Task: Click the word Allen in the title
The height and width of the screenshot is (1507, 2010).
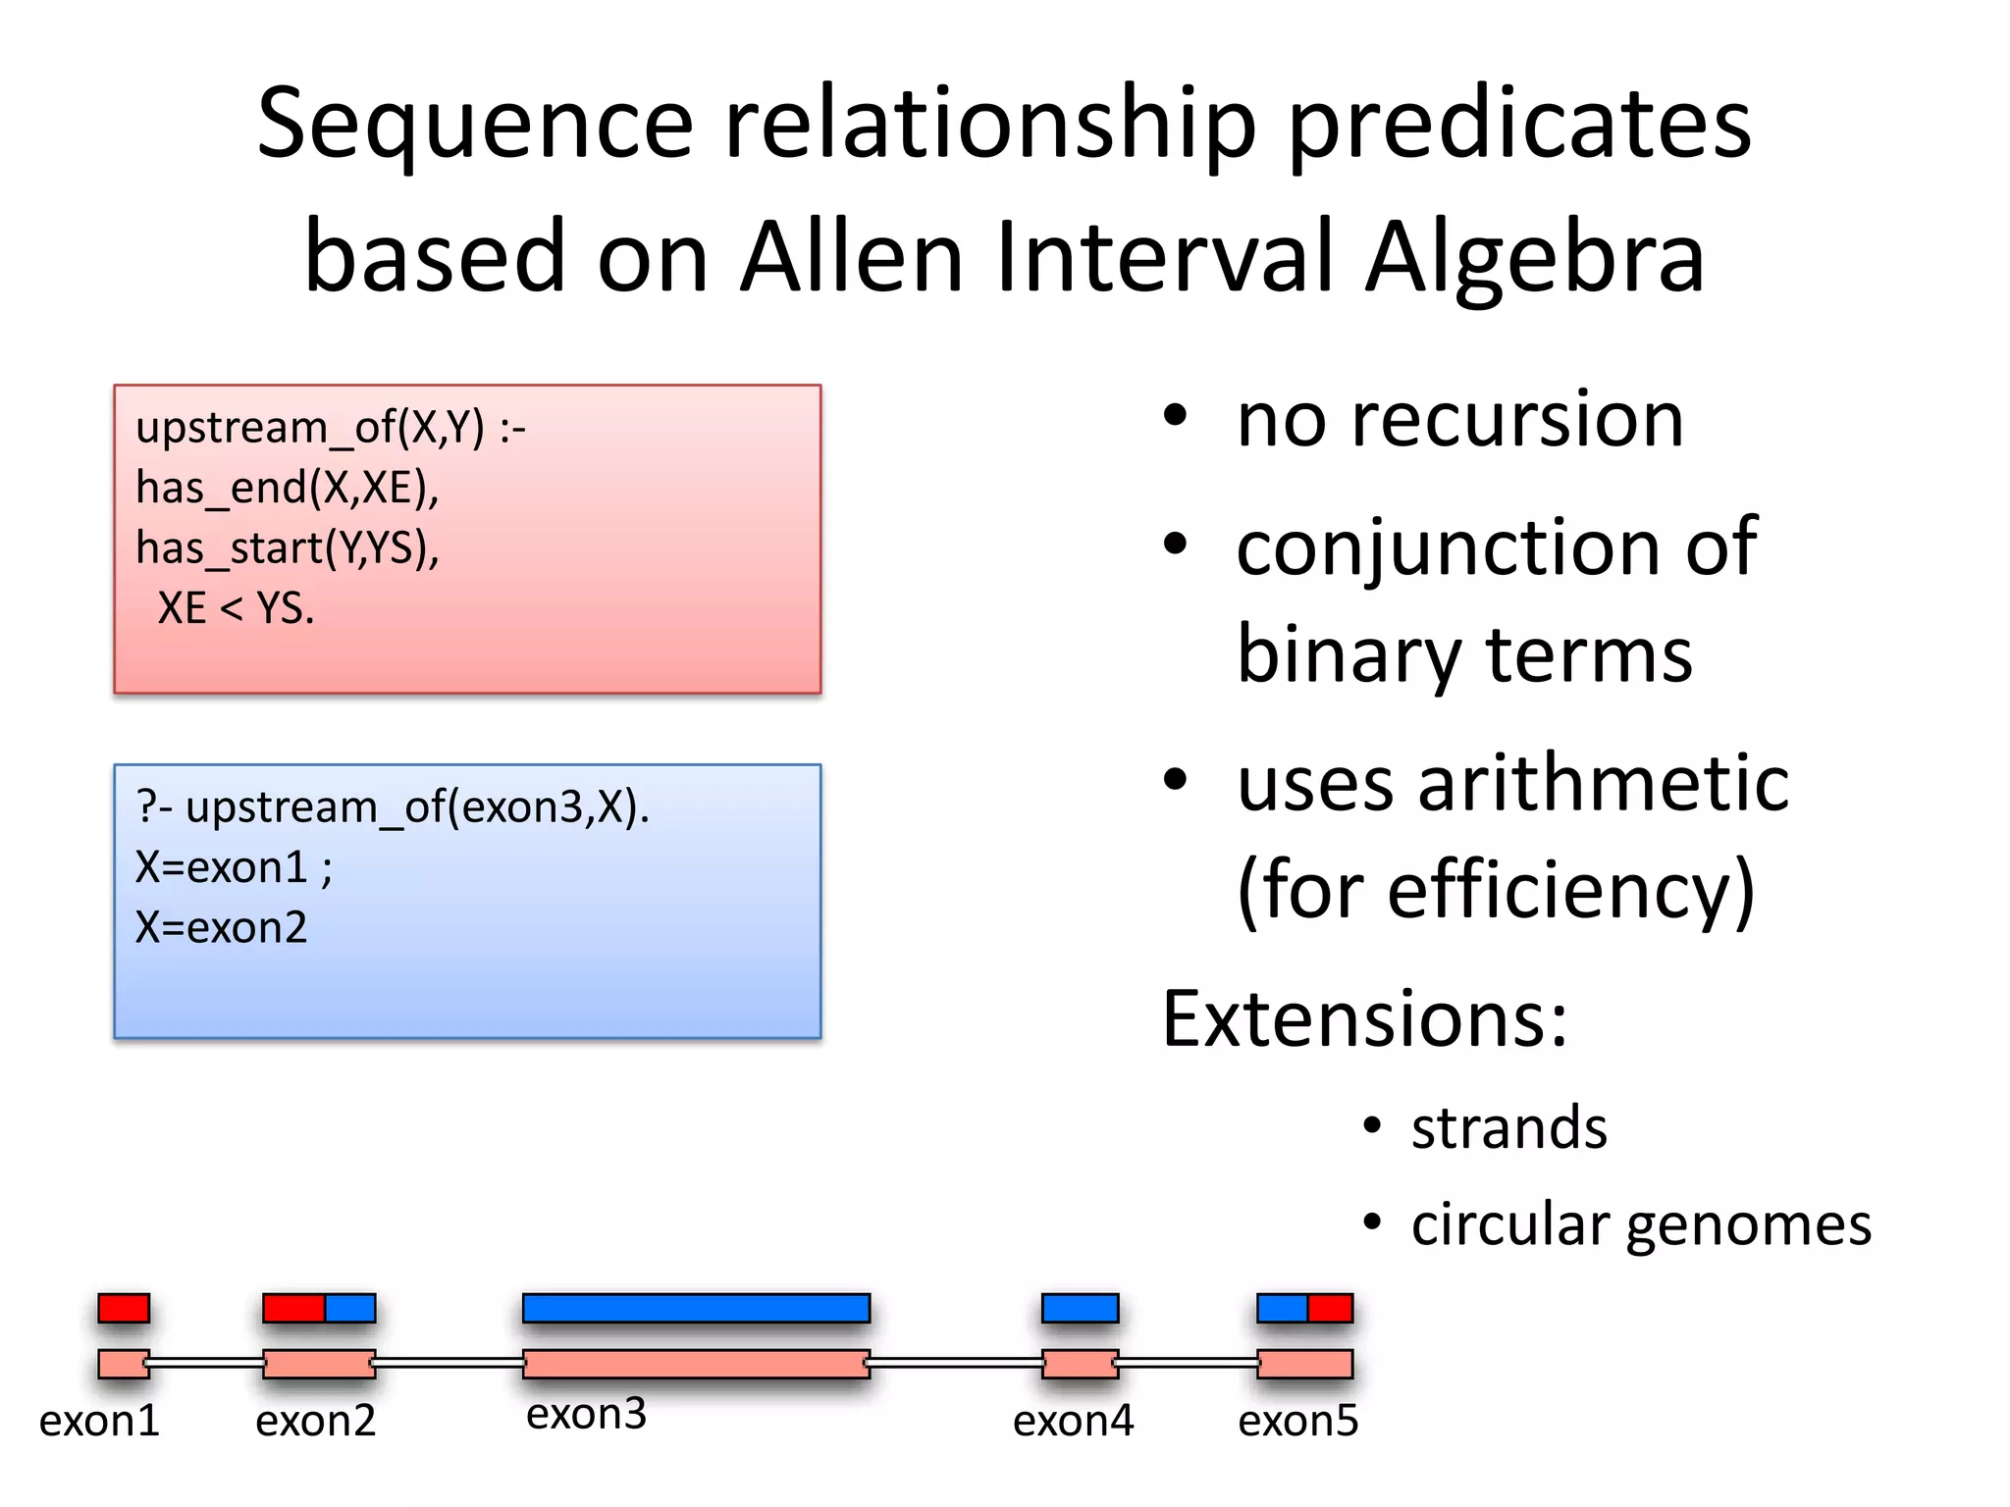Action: click(x=852, y=257)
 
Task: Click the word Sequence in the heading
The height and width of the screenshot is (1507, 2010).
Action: click(x=475, y=125)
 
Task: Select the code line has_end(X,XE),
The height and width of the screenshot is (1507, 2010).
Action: click(x=287, y=488)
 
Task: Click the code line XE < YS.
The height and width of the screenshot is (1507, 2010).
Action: click(x=236, y=608)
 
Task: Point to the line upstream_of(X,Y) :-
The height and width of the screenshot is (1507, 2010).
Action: click(x=331, y=428)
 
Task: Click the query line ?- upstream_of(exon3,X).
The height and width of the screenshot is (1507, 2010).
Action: click(x=393, y=807)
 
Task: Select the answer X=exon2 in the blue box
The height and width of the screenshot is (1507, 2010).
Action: click(x=221, y=927)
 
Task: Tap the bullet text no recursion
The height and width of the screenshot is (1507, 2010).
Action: click(x=1459, y=420)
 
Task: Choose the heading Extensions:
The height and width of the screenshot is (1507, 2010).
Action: click(x=1364, y=1019)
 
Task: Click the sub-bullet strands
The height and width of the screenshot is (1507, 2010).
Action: click(x=1508, y=1127)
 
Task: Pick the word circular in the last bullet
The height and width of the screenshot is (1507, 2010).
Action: click(x=1510, y=1225)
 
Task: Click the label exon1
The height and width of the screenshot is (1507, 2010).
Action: click(x=99, y=1421)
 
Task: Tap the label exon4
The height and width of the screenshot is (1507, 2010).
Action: click(x=1073, y=1421)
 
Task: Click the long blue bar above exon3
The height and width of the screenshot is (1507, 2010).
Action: click(x=696, y=1308)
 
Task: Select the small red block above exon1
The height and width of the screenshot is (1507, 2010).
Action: click(x=124, y=1308)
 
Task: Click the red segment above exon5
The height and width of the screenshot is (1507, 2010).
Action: click(x=1330, y=1308)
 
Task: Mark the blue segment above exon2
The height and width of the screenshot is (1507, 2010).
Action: click(x=350, y=1308)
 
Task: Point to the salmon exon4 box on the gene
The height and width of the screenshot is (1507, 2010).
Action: click(x=1080, y=1364)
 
